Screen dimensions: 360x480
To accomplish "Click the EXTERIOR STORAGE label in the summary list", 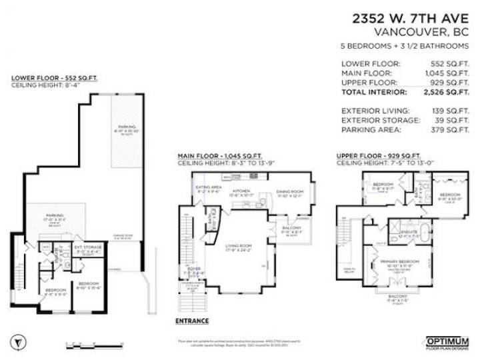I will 380,121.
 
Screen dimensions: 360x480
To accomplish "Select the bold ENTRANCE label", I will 191,320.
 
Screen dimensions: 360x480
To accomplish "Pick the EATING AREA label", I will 208,188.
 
